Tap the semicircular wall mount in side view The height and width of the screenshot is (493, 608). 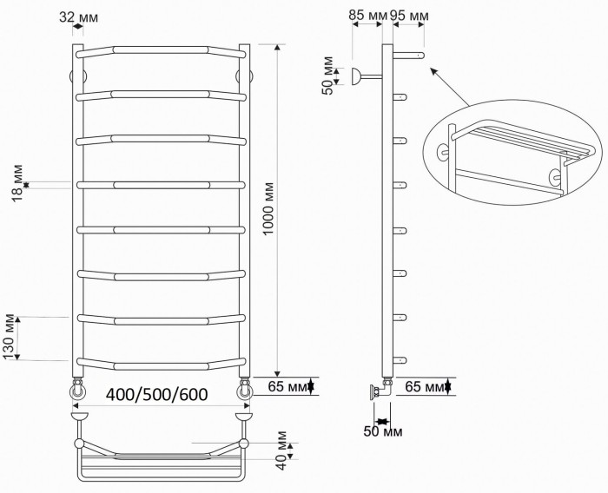(x=355, y=77)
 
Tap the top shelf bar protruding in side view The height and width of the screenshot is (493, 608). (x=410, y=56)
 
